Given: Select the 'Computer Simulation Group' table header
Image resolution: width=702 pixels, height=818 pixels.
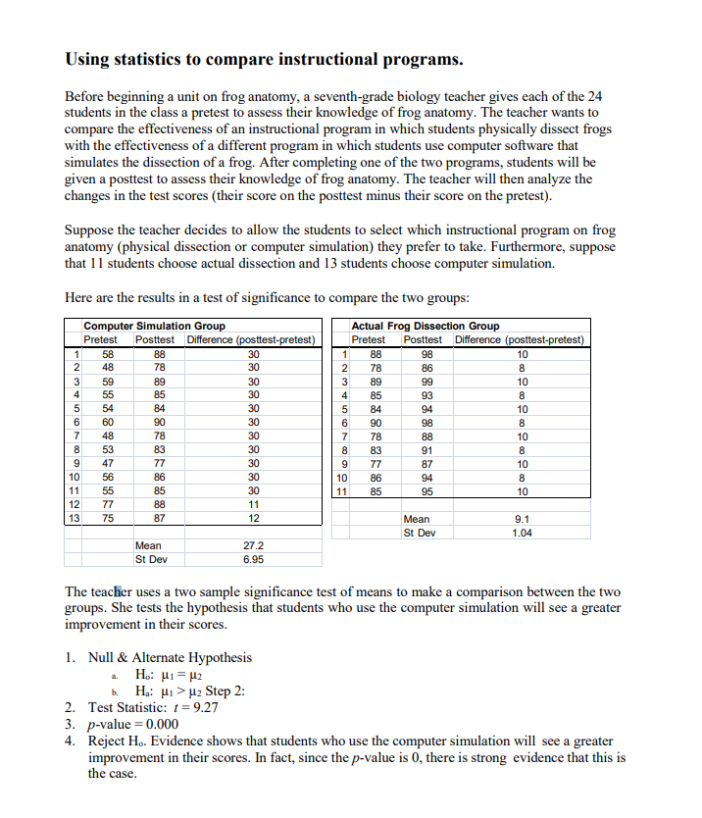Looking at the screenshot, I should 154,326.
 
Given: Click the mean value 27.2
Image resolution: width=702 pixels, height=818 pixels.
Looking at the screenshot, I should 253,545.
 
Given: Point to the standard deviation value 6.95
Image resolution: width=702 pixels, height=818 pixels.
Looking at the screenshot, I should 253,559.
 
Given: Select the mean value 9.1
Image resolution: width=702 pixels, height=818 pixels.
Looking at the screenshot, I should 523,519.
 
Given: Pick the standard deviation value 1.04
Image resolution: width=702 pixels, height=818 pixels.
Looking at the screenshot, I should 523,533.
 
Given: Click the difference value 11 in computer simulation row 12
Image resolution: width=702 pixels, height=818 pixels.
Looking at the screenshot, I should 253,504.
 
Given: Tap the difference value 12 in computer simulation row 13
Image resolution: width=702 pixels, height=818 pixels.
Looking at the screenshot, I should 253,518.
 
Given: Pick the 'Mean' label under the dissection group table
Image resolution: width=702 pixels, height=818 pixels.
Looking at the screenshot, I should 417,519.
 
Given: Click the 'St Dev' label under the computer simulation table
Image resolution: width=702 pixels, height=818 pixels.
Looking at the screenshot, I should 151,559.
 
